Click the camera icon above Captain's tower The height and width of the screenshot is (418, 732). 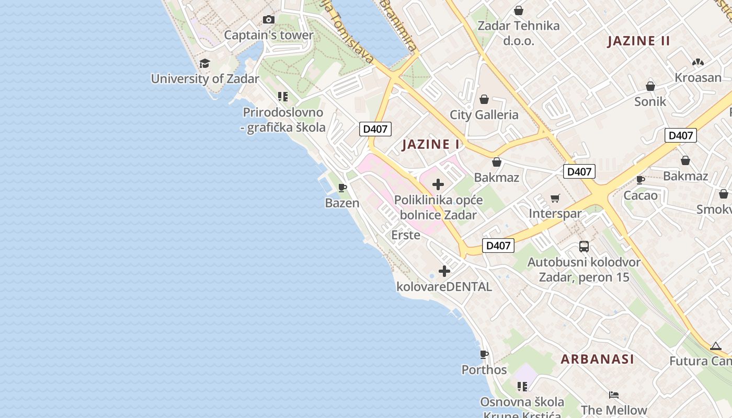coord(269,20)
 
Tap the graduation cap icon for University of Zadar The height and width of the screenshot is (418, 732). coord(204,64)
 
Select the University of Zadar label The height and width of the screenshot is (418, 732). coord(205,79)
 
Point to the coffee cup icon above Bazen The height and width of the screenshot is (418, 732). coord(342,188)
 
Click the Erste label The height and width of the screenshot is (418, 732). coord(406,235)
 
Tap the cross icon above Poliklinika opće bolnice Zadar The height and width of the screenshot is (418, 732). coord(438,184)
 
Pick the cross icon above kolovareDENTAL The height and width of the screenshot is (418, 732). coord(444,271)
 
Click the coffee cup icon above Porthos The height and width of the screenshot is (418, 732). coord(484,354)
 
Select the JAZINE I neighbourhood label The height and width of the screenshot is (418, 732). coord(431,145)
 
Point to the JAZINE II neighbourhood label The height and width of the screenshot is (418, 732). coord(638,41)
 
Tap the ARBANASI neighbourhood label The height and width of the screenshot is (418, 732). coord(598,359)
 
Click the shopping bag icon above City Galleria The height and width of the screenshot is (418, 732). coord(484,99)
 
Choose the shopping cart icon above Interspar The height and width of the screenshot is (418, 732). coord(555,198)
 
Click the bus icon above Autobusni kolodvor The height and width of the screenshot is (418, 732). coord(584,247)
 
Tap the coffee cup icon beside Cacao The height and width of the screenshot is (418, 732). coord(641,180)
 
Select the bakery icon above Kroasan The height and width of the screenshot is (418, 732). coord(697,62)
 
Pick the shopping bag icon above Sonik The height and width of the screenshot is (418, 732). coord(650,86)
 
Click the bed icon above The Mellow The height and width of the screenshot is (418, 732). coord(614,395)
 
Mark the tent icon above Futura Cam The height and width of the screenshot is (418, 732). coord(716,346)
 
